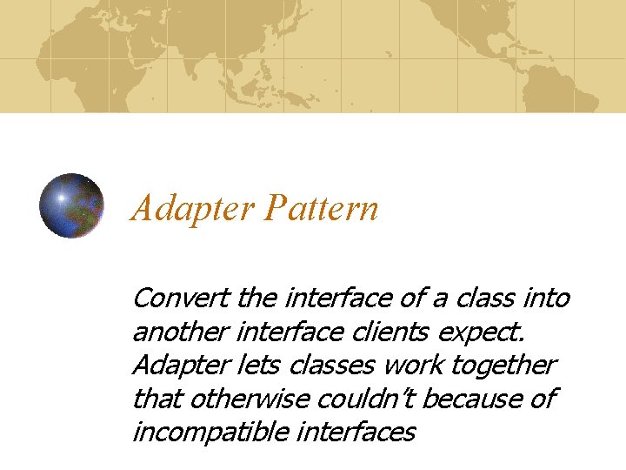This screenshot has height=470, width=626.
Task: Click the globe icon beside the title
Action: (x=72, y=205)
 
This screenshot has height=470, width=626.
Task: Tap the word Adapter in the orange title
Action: (x=193, y=210)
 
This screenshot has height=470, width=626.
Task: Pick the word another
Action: (x=178, y=332)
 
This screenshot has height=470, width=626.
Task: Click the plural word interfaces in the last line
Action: (x=357, y=431)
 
